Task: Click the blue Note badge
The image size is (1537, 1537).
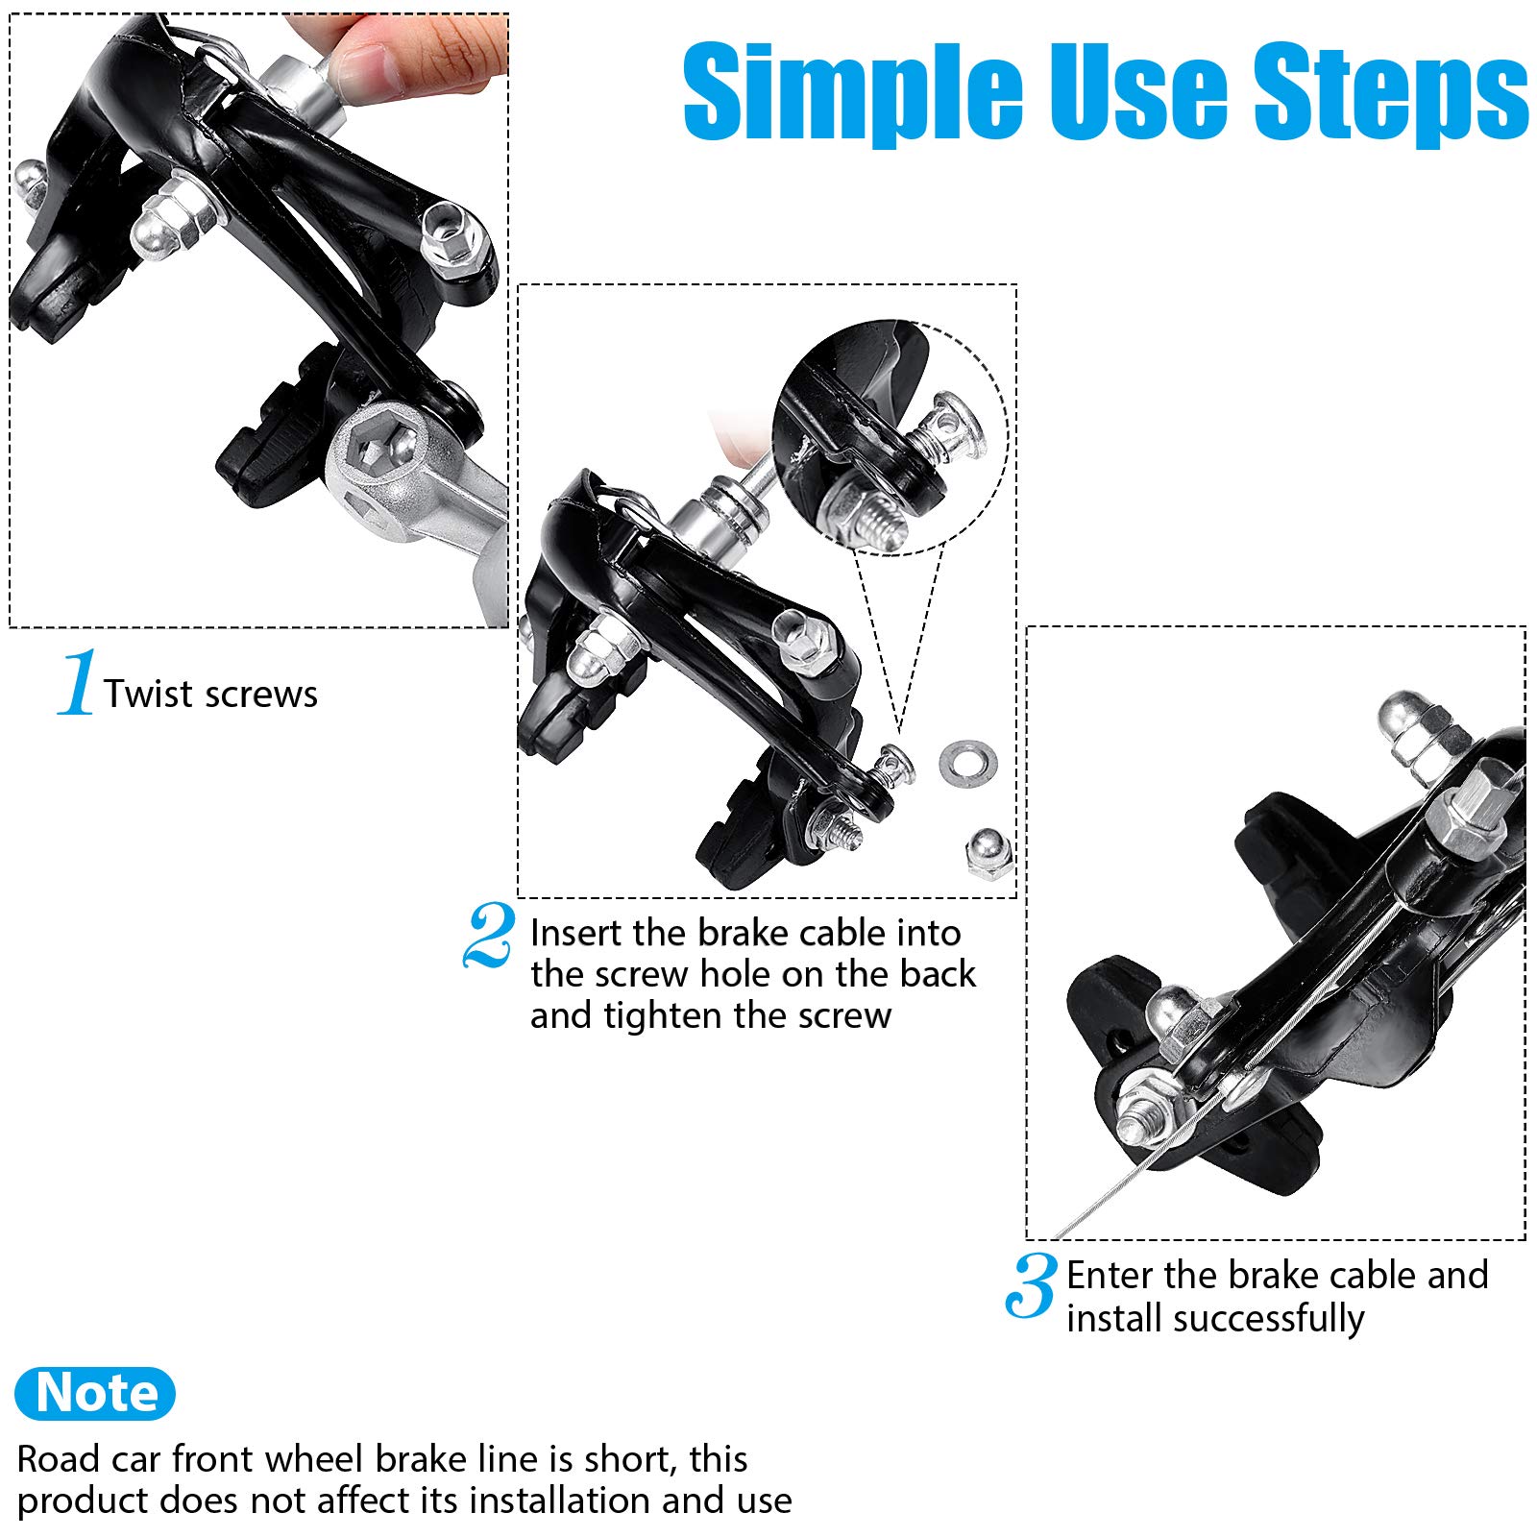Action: [95, 1393]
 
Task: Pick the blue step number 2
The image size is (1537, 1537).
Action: [489, 934]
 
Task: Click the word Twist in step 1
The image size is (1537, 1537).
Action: [149, 694]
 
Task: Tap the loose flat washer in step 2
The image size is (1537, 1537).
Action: [967, 761]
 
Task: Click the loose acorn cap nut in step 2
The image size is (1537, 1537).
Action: [990, 853]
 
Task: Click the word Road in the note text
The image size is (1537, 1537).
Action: [59, 1459]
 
